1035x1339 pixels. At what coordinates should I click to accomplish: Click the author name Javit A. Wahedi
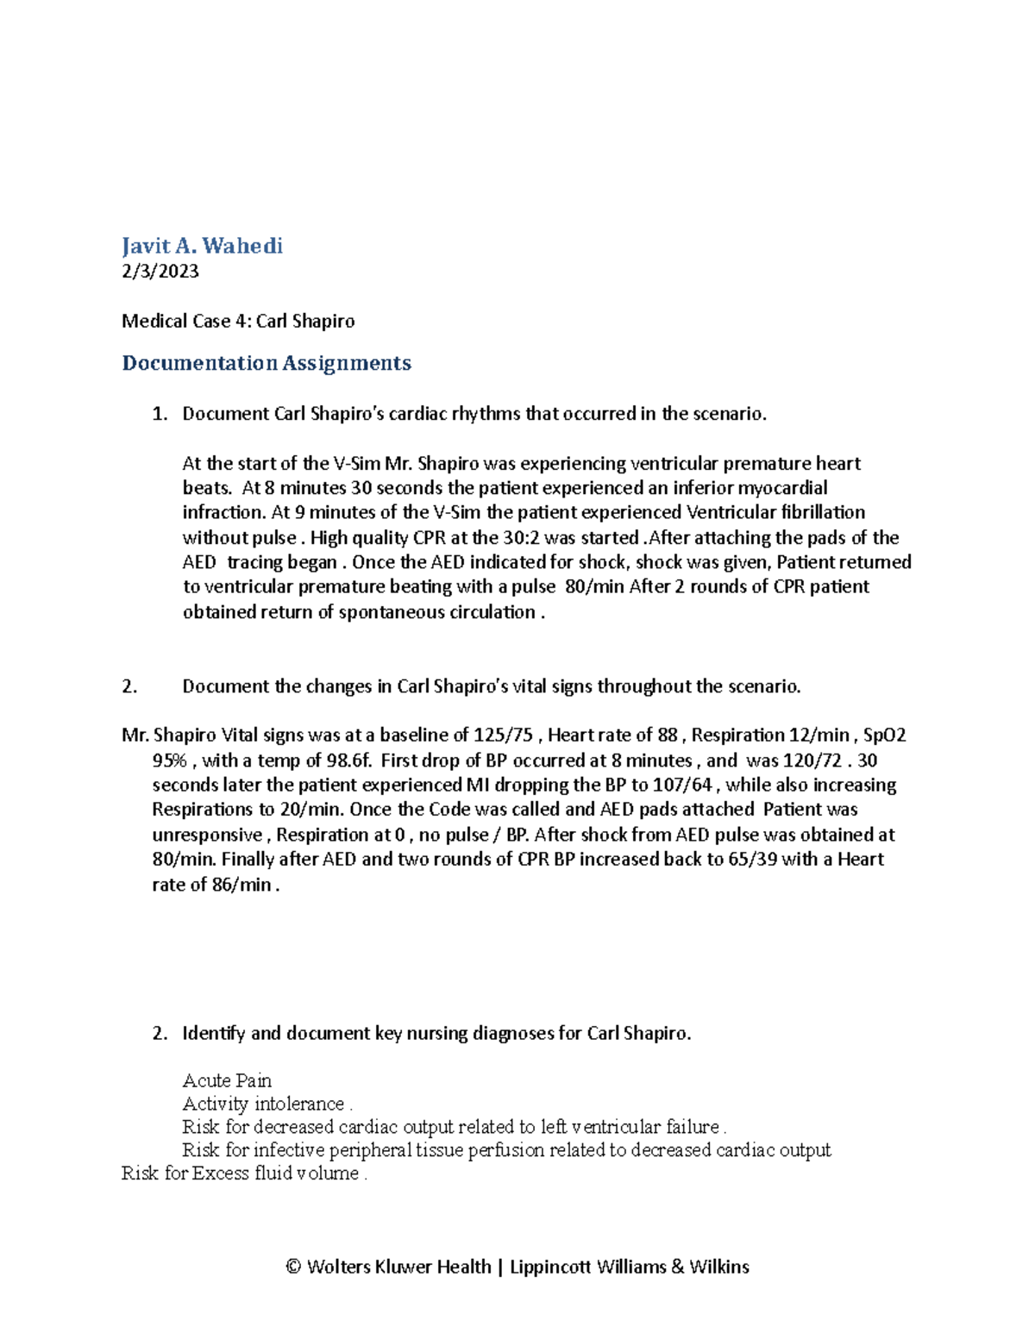202,247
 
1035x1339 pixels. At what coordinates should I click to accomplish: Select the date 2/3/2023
160,272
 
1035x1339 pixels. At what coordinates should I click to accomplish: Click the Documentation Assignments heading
267,363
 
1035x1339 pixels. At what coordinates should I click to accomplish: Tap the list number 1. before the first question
160,414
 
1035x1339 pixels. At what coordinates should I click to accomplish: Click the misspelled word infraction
223,512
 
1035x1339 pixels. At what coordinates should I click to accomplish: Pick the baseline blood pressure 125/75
504,735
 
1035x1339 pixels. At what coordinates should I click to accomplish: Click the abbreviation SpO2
884,735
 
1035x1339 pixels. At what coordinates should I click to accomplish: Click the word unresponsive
207,835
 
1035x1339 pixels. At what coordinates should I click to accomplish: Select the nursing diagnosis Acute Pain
227,1080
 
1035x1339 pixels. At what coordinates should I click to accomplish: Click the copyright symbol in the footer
293,1267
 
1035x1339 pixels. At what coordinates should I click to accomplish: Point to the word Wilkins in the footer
718,1267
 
